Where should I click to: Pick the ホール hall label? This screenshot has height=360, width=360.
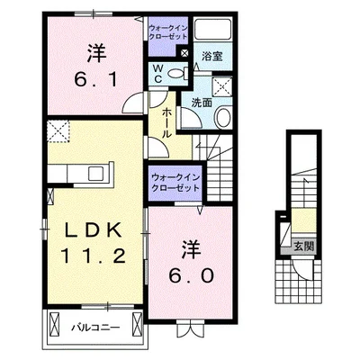click(168, 122)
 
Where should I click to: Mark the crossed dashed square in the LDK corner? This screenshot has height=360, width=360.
click(60, 133)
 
